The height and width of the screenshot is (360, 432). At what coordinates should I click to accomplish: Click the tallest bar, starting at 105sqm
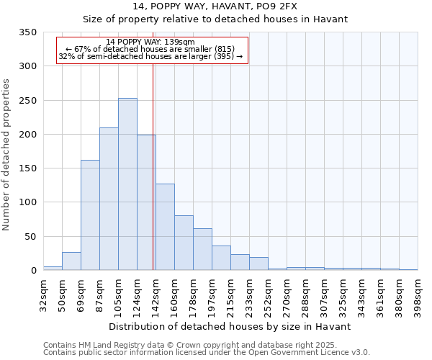coord(127,184)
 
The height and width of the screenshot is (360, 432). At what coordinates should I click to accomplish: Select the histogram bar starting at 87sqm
coord(109,199)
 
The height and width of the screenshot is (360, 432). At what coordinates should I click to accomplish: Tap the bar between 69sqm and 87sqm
coord(90,215)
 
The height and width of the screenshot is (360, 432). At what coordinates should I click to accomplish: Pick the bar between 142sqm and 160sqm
coord(165,227)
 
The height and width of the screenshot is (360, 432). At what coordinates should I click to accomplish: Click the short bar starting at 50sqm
coord(71,261)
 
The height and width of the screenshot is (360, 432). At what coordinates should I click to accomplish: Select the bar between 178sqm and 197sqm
coord(202,249)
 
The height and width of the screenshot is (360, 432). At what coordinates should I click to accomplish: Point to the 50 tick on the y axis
coord(30,237)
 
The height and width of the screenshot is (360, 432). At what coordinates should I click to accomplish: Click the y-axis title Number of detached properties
coord(7,155)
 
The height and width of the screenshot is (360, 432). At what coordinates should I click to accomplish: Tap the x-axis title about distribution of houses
coord(230,326)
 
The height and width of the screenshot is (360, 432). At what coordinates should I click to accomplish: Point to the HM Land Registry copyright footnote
coord(205,345)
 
